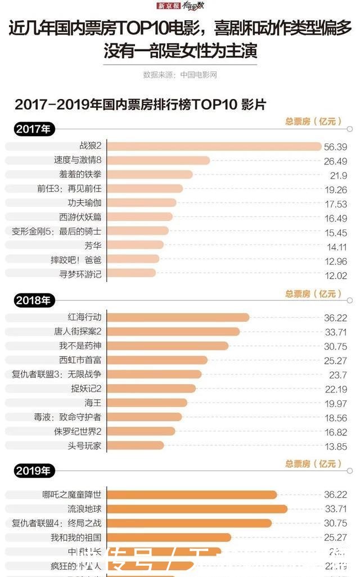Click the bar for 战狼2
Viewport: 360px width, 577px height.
coord(214,146)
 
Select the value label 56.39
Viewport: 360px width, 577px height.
coord(335,147)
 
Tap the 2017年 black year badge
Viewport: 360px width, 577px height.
coord(33,129)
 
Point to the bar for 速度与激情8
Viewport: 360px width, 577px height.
coord(158,161)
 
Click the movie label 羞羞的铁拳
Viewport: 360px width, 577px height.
coord(80,175)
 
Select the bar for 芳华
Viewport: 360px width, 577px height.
coord(135,245)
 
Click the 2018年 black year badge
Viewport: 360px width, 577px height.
coord(33,300)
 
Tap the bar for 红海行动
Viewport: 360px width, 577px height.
coord(178,318)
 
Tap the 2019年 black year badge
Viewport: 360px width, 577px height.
coord(33,470)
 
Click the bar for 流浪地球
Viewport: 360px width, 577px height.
coord(197,509)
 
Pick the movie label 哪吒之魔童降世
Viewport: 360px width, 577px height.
coord(71,495)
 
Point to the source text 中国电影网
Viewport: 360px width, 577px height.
coord(198,74)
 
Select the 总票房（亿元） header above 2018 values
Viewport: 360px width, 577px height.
coord(313,294)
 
